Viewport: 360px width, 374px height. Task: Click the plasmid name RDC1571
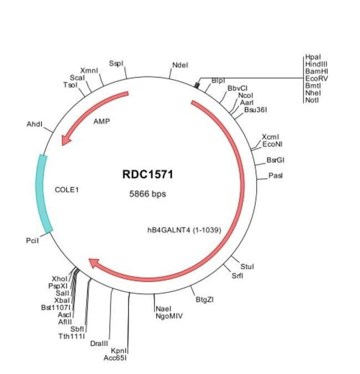[148, 175]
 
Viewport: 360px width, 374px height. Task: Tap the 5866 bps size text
[147, 194]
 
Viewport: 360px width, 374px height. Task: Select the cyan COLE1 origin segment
[44, 193]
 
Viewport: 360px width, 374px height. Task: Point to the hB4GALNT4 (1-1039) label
[181, 230]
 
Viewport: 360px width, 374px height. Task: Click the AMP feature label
[101, 121]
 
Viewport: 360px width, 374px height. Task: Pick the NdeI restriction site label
[180, 65]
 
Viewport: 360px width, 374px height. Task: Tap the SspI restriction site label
[116, 64]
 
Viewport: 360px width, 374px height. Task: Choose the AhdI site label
[34, 124]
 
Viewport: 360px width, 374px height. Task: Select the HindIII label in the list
[316, 64]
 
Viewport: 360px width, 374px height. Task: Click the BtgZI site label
[204, 300]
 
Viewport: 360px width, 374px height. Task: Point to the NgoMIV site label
[169, 316]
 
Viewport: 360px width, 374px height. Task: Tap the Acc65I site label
[115, 357]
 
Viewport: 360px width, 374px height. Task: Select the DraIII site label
[99, 344]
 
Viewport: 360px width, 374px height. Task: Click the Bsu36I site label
[255, 110]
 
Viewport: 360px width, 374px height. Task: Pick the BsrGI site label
[275, 160]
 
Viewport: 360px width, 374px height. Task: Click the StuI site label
[247, 267]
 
